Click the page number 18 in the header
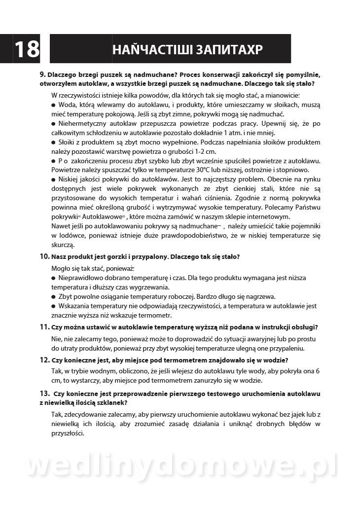click(27, 49)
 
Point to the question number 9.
click(42, 74)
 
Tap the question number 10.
click(44, 257)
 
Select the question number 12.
click(44, 360)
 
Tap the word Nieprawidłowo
click(82, 278)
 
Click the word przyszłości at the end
click(68, 433)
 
